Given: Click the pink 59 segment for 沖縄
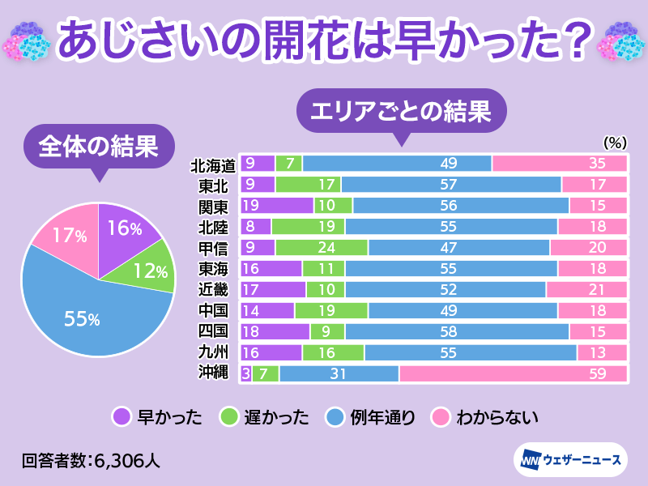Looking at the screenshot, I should coord(514,373).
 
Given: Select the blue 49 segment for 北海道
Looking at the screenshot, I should coord(397,164).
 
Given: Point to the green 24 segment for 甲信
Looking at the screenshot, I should coord(322,247).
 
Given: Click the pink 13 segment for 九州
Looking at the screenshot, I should coord(602,352).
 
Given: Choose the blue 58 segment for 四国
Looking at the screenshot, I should coord(457,331).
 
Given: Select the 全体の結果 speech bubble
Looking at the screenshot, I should coord(98,147).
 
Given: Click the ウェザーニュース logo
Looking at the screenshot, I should coord(570,460).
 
